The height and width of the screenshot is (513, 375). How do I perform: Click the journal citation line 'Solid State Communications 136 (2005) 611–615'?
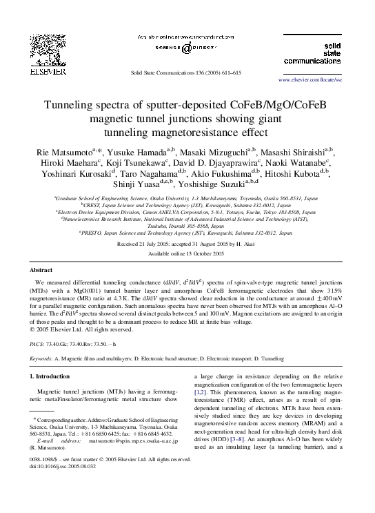(187, 73)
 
